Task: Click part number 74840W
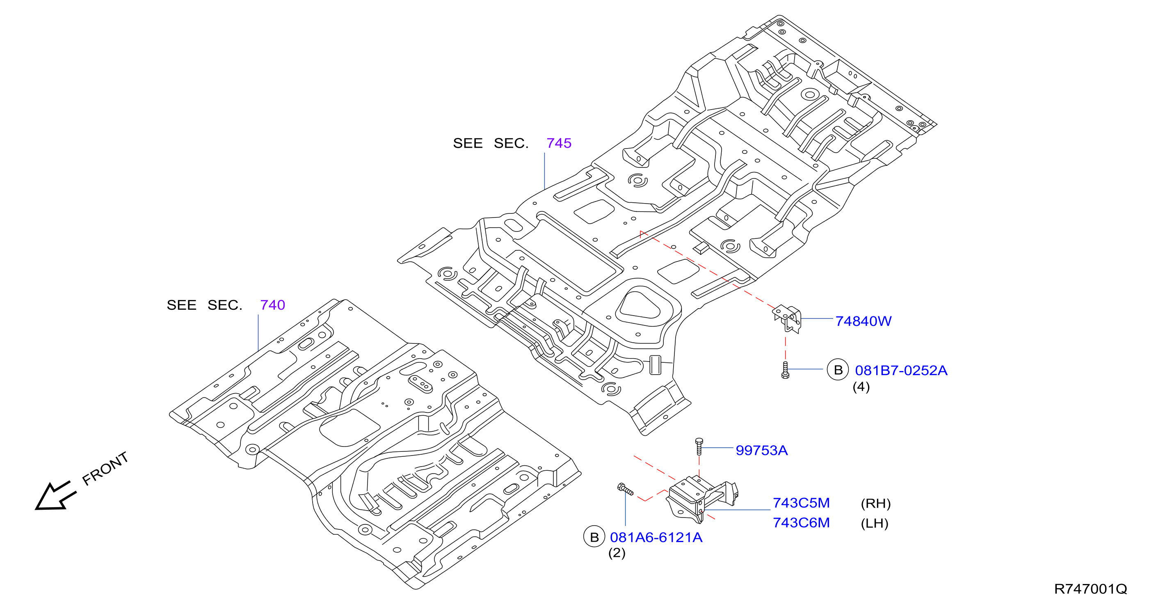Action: [x=863, y=321]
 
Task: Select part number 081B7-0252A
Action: [x=901, y=371]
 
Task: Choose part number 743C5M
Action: [x=801, y=503]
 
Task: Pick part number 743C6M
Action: [x=801, y=522]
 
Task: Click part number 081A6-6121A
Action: [x=656, y=538]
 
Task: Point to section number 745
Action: [x=559, y=143]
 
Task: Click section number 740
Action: [x=272, y=305]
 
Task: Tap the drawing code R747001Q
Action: [x=1090, y=589]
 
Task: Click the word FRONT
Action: [x=105, y=468]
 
